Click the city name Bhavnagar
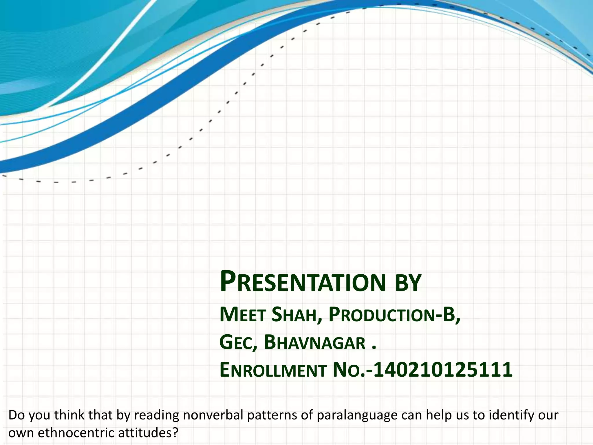click(x=315, y=343)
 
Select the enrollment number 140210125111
click(x=443, y=370)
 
